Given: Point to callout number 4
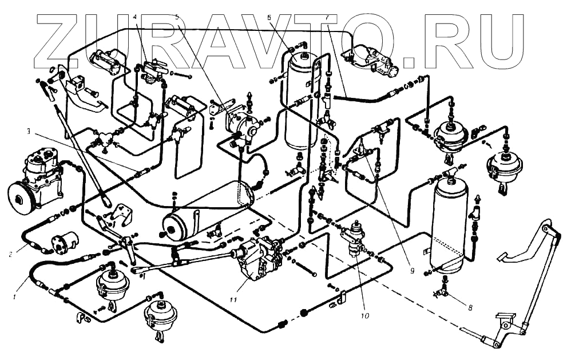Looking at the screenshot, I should click(135, 17).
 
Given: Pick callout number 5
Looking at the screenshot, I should click(178, 17).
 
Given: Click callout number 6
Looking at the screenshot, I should click(269, 17).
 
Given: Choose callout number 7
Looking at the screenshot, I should click(327, 17).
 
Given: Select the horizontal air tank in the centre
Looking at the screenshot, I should click(206, 209).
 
